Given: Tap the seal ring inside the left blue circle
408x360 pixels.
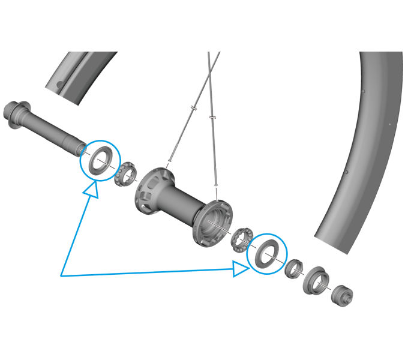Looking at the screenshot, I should coord(97,159).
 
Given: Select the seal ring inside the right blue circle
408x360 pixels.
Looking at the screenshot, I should coord(266,253).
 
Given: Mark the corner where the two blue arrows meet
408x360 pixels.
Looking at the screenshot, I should coord(61,275).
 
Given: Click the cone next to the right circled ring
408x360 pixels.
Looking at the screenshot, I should coord(293,268).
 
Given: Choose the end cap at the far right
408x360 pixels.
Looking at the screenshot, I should coord(343,295).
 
